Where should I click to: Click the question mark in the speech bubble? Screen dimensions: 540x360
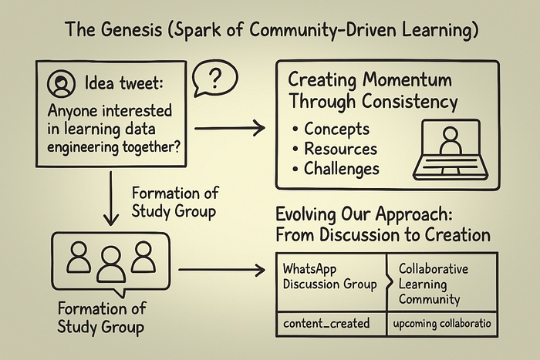pos(217,79)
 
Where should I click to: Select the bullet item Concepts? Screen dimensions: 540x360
pos(336,129)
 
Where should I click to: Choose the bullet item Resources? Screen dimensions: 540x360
pos(340,148)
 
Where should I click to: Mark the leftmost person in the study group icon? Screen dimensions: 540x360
pos(79,258)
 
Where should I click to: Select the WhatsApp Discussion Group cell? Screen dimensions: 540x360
pos(329,277)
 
